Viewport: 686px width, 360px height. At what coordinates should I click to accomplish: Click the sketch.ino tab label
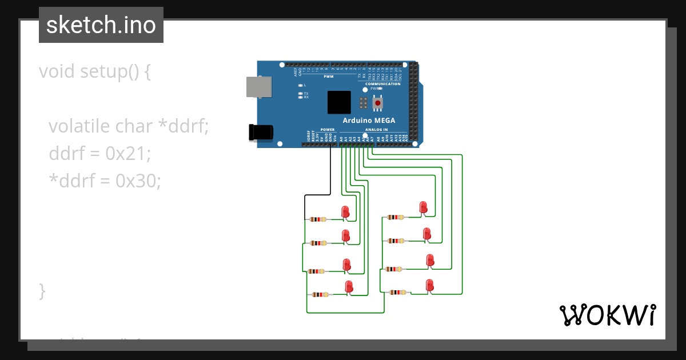[101, 25]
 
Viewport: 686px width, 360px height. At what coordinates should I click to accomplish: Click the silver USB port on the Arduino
[255, 87]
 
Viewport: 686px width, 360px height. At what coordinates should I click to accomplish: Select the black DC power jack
[261, 133]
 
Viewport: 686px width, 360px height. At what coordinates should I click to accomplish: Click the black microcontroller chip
[339, 102]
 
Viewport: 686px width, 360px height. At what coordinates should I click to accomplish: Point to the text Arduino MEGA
[369, 121]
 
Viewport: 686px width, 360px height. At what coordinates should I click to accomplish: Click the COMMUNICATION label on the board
[383, 84]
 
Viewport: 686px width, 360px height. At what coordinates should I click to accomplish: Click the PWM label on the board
[329, 77]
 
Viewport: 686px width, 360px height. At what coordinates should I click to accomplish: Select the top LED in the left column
[345, 212]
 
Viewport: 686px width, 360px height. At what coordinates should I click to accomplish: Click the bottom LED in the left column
[349, 287]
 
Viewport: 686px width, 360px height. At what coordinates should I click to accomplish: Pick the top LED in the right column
[423, 207]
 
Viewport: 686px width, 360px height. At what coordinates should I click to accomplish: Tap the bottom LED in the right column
[430, 285]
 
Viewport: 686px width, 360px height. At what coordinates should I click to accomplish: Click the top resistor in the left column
[318, 219]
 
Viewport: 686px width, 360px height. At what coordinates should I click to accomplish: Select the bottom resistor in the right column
[397, 292]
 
